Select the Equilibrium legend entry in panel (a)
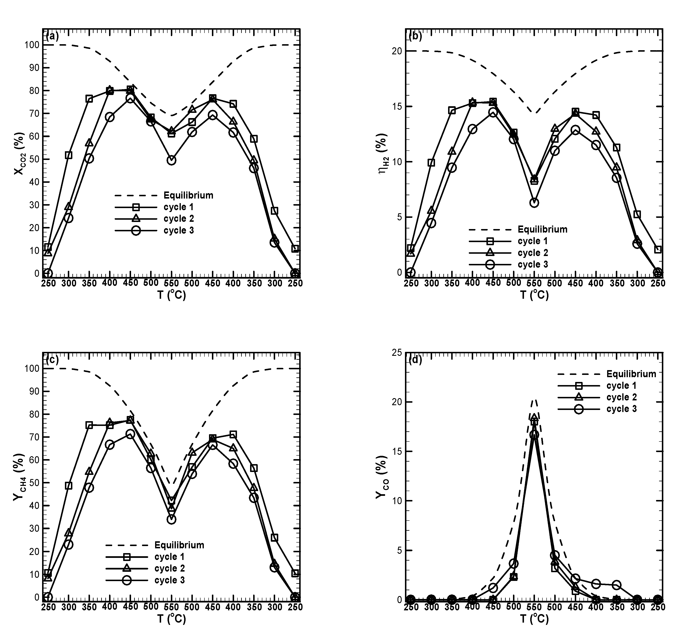tap(188, 195)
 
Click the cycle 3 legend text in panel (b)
tap(533, 264)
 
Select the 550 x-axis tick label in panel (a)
tap(171, 283)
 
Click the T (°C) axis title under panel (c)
tap(171, 619)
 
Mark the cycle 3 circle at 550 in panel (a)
tap(171, 160)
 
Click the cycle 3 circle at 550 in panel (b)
tap(534, 203)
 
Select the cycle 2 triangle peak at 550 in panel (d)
tap(534, 418)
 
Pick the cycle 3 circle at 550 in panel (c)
tap(171, 519)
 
